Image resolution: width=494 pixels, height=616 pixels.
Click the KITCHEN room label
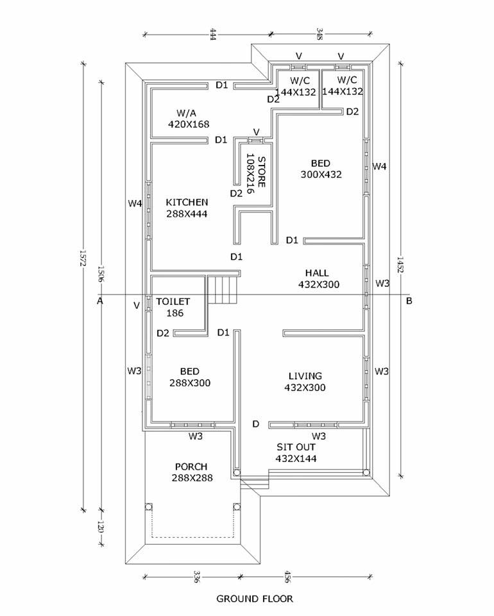pyautogui.click(x=186, y=202)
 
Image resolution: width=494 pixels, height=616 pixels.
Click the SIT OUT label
pyautogui.click(x=296, y=447)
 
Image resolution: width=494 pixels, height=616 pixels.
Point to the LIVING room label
pyautogui.click(x=305, y=376)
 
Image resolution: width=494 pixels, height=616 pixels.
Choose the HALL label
pyautogui.click(x=317, y=273)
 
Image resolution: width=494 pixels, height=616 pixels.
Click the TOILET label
pyautogui.click(x=173, y=301)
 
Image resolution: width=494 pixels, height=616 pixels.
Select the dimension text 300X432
pyautogui.click(x=321, y=174)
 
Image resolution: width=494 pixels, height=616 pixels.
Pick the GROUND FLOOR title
pyautogui.click(x=255, y=599)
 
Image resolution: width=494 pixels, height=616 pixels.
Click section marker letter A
pyautogui.click(x=101, y=300)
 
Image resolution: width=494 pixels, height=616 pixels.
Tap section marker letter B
pyautogui.click(x=409, y=300)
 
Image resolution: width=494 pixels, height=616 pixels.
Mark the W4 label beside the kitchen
pyautogui.click(x=134, y=204)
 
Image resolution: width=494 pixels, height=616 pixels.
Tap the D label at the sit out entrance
pyautogui.click(x=255, y=424)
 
